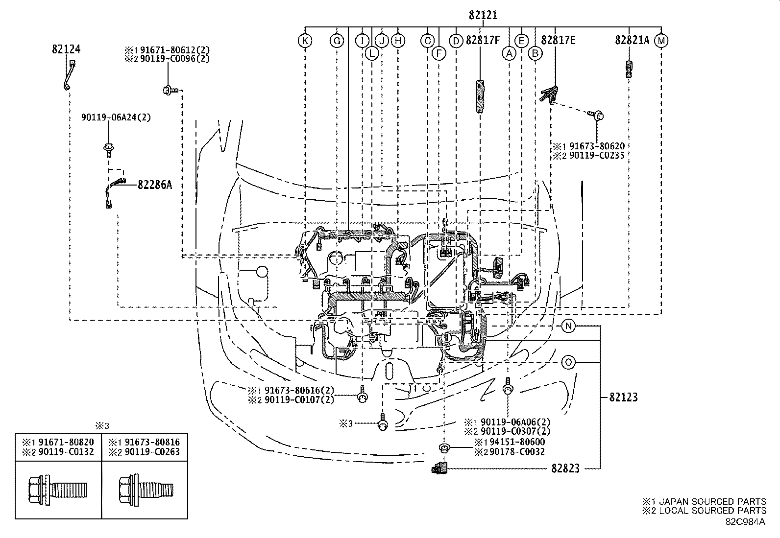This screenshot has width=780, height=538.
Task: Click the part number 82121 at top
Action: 483,16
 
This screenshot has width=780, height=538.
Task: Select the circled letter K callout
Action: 305,41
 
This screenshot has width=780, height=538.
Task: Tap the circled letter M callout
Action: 661,41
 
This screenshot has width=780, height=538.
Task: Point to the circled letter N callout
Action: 568,326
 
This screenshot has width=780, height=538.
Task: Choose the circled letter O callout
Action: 568,362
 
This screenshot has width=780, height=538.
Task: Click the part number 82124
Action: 66,49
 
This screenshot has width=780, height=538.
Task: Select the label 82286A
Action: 155,185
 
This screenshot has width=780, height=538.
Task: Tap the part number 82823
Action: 565,468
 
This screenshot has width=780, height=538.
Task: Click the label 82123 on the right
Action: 623,397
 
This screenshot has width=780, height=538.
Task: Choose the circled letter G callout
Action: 337,41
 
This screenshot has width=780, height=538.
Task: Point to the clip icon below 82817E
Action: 550,94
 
